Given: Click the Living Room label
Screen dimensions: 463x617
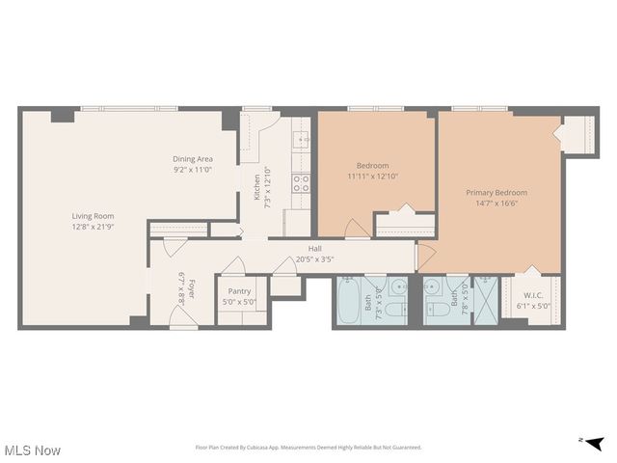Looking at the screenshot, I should [x=93, y=216].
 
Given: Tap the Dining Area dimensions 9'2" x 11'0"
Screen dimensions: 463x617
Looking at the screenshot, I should [x=193, y=170].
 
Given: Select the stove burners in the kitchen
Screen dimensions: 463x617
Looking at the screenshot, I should [x=301, y=182].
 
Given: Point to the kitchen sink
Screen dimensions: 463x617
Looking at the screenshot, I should [x=301, y=141].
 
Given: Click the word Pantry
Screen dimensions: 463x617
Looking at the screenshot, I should [x=239, y=291].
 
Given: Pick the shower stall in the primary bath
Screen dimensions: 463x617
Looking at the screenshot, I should [x=486, y=300].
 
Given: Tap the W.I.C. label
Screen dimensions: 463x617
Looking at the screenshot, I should [x=536, y=295].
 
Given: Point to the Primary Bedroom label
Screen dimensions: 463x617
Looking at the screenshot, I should [x=496, y=192].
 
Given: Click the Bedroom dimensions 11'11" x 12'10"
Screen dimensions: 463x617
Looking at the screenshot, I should [x=372, y=177].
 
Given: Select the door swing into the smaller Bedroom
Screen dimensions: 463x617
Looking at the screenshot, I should [x=356, y=229].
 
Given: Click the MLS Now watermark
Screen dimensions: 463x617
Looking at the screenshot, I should [x=33, y=450].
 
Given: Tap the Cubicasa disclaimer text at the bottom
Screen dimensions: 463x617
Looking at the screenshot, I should [x=308, y=448].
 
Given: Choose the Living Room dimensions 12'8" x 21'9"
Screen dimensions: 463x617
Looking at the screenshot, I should [x=93, y=227].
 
